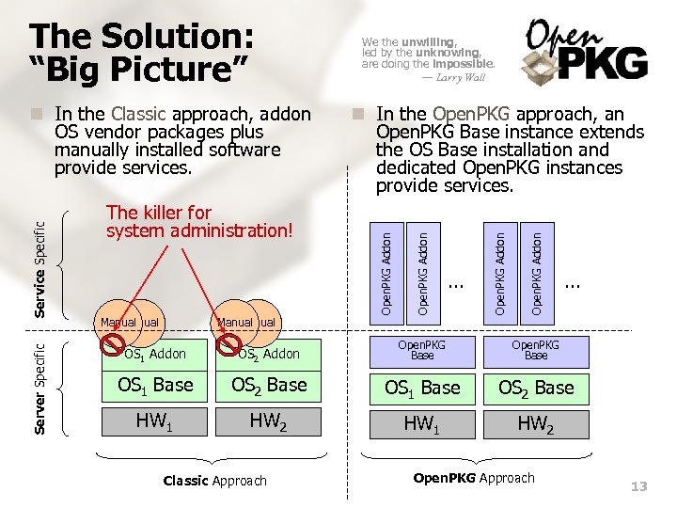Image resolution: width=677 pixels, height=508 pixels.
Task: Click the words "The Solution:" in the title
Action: coord(141,37)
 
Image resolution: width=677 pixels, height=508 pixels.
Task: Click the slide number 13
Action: coord(639,486)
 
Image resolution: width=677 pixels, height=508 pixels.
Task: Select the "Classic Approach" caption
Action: coord(214,481)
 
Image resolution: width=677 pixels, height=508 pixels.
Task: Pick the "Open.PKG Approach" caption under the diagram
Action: coord(474,478)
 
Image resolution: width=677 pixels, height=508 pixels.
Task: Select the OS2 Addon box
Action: coord(269,354)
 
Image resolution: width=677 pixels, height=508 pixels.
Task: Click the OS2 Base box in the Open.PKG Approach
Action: coord(535,388)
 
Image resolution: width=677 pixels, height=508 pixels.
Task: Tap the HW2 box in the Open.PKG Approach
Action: coord(535,423)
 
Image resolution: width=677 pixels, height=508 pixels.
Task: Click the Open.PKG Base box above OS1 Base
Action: coord(422,351)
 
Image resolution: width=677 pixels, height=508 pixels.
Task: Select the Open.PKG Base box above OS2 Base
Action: coord(535,351)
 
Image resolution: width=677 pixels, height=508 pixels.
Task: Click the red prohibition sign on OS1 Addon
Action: coord(116,342)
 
